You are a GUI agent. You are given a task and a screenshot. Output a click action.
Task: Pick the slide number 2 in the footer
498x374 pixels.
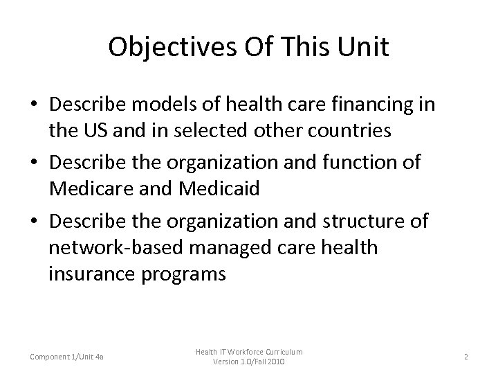[x=466, y=356]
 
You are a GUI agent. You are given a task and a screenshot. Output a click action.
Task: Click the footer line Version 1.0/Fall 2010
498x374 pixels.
[x=248, y=362]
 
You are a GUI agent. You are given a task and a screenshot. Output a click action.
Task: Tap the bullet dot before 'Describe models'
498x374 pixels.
[x=34, y=104]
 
